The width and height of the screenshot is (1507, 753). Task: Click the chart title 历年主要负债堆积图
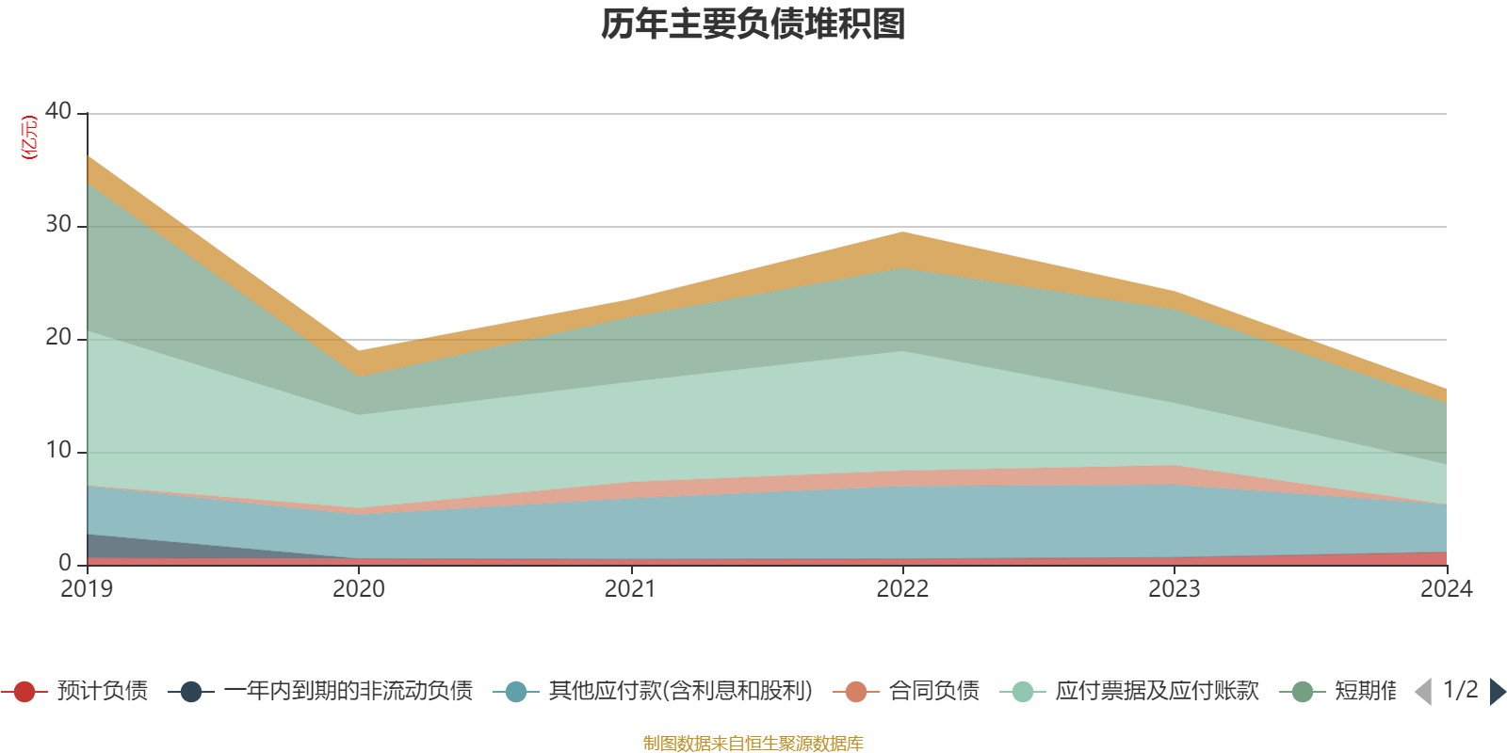tap(753, 25)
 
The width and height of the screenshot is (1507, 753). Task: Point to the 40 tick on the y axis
tap(58, 111)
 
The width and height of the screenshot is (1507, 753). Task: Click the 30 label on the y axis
tap(58, 224)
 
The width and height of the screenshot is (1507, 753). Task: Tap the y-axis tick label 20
tap(58, 337)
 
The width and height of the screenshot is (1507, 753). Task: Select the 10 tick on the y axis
tap(58, 450)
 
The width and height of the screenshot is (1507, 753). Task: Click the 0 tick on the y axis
tap(65, 563)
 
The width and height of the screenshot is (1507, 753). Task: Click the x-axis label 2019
tap(87, 589)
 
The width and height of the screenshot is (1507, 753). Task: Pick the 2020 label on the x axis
tap(359, 589)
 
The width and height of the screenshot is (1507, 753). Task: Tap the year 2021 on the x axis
tap(630, 589)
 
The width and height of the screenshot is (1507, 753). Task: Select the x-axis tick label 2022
tap(902, 589)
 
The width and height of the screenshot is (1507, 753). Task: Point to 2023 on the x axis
tap(1174, 589)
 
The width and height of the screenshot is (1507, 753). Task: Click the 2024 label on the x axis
tap(1445, 589)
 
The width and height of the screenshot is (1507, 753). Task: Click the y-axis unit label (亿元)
tap(30, 137)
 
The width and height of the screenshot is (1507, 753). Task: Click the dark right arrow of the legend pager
tap(1497, 692)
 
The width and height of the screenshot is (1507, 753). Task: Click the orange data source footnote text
tap(753, 744)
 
